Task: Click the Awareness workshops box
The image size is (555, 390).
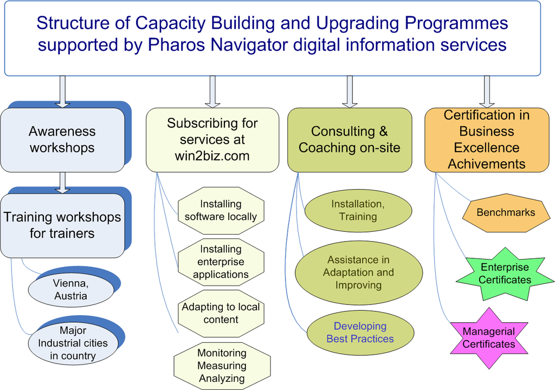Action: coord(62,140)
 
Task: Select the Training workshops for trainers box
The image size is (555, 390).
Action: coord(62,225)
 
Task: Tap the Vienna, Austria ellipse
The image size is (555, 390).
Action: coord(70,290)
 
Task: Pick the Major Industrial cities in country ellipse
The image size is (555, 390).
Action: coord(73,343)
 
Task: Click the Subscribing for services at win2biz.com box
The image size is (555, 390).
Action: coord(212,140)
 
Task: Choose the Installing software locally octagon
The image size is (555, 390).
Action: coord(221,210)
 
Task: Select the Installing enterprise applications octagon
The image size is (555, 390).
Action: coord(221,262)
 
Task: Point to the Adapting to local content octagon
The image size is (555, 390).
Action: coord(221,313)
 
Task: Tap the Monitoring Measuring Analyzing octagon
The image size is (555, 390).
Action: coord(222,366)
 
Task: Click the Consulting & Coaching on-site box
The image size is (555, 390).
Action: coord(350,140)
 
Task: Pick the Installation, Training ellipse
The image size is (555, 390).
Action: coord(358,210)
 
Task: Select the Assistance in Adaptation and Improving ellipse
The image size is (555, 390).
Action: coord(358,272)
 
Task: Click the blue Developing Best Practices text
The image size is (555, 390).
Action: coord(360,333)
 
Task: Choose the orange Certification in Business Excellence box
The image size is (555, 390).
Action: coord(486,140)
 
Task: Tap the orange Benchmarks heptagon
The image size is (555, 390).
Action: coord(505,212)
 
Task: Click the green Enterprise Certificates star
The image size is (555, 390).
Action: coord(505,274)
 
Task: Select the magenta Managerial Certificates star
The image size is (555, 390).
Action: coord(489,337)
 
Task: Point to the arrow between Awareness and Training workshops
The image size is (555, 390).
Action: coord(63,183)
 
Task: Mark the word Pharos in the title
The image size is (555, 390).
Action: coord(173,44)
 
